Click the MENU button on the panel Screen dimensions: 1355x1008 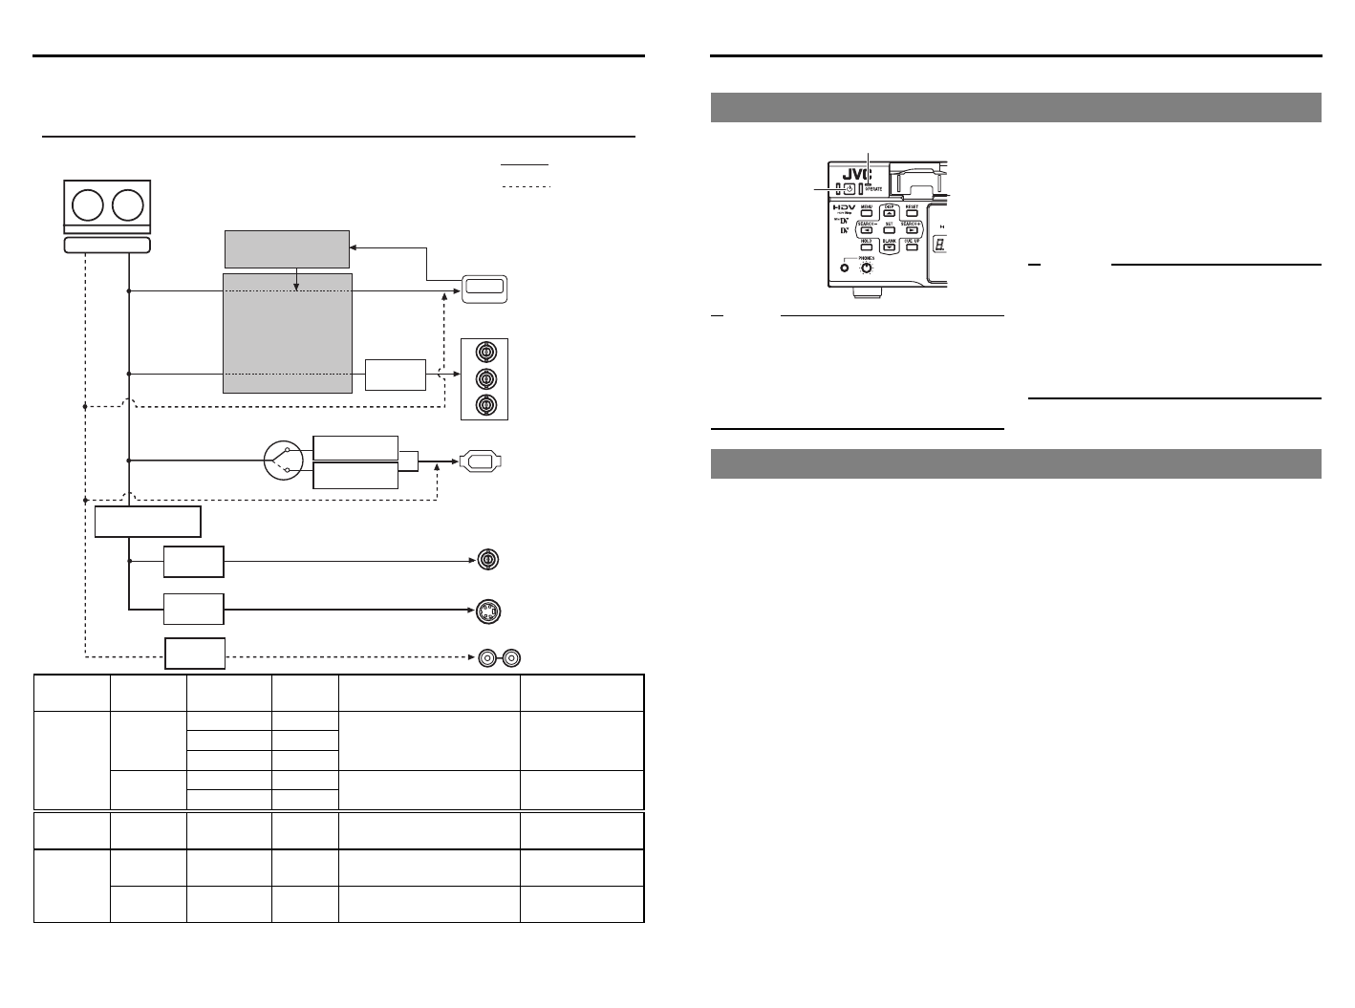coord(867,212)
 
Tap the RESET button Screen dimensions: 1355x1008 coord(913,212)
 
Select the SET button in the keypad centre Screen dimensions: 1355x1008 coord(890,230)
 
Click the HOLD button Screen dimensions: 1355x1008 coord(867,247)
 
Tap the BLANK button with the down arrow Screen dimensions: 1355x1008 coord(890,247)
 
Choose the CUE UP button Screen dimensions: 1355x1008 coord(913,247)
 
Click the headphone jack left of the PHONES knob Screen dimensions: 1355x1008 coord(845,268)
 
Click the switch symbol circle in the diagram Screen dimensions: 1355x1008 coord(283,461)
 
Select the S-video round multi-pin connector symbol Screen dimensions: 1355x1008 coord(489,611)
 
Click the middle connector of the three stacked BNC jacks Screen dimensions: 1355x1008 coord(484,377)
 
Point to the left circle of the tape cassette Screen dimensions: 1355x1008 coord(89,206)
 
